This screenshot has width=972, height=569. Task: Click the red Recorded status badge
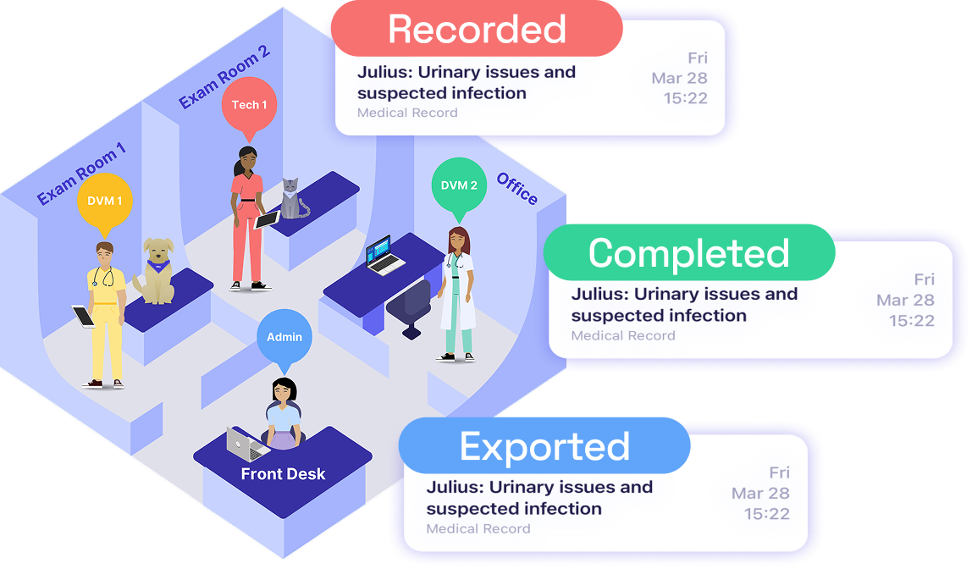pos(477,30)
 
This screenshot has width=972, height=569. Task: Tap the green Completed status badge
pos(688,253)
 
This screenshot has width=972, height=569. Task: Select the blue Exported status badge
pos(544,446)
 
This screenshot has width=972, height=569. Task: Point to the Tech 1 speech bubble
pos(249,106)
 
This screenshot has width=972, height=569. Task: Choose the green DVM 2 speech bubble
pos(459,187)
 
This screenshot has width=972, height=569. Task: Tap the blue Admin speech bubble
pos(284,338)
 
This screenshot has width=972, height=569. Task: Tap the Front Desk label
pos(283,474)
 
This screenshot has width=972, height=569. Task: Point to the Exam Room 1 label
pos(81,174)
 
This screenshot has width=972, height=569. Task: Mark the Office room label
pos(517,188)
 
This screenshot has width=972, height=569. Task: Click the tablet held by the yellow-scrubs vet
pos(84,317)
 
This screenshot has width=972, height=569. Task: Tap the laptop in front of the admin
pos(243,441)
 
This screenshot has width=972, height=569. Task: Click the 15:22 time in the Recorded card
pos(687,99)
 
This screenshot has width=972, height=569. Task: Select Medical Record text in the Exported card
pos(478,529)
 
